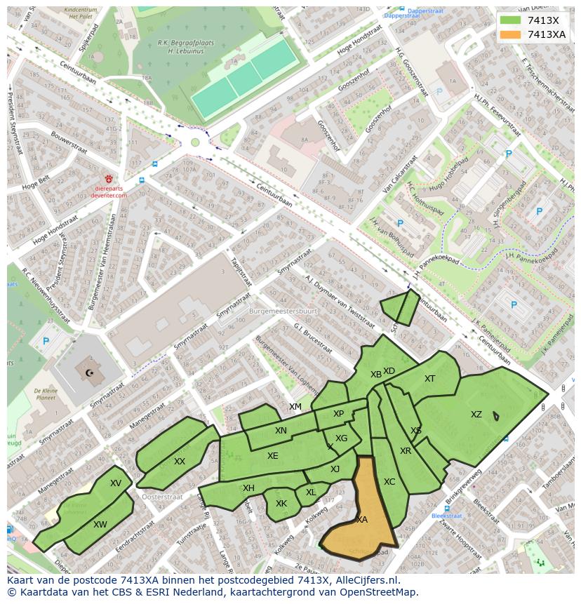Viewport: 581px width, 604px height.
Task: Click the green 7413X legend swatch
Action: pos(511,20)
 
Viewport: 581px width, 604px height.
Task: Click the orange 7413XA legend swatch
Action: pos(511,34)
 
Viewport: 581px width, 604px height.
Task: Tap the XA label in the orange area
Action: pos(361,520)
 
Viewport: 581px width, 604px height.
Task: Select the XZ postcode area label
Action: pos(476,415)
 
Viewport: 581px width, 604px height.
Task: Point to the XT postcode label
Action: pos(429,379)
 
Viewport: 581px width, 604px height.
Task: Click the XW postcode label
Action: pos(100,525)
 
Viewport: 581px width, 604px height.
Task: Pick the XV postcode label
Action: pos(116,483)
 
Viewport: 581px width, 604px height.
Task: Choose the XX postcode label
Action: pos(180,461)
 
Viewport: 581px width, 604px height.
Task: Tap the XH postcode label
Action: pos(248,488)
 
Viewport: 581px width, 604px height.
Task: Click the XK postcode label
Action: pos(281,504)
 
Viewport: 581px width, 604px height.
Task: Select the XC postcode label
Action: pos(389,482)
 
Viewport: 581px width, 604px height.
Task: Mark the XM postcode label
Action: pos(295,407)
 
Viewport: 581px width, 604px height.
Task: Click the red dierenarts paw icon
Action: pos(109,180)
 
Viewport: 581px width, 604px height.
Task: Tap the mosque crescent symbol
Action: pos(88,373)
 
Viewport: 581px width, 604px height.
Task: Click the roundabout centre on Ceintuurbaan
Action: pos(195,142)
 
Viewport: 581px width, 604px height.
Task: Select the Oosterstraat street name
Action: pos(162,497)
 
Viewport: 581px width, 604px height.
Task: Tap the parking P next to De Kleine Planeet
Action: pos(46,342)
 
